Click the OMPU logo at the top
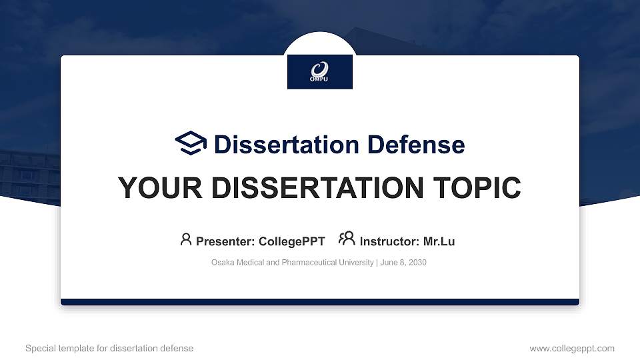pos(320,71)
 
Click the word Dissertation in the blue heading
pos(278,145)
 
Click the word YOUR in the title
pos(156,188)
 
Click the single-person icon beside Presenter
pos(186,239)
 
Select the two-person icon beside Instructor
pos(347,239)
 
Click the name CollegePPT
pos(291,241)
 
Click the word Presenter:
pos(225,241)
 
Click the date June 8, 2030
pos(404,263)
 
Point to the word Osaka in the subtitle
pos(222,263)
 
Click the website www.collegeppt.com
pos(571,348)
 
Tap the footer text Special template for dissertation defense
pos(109,348)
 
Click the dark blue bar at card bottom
pos(320,302)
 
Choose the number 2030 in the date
pos(417,263)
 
